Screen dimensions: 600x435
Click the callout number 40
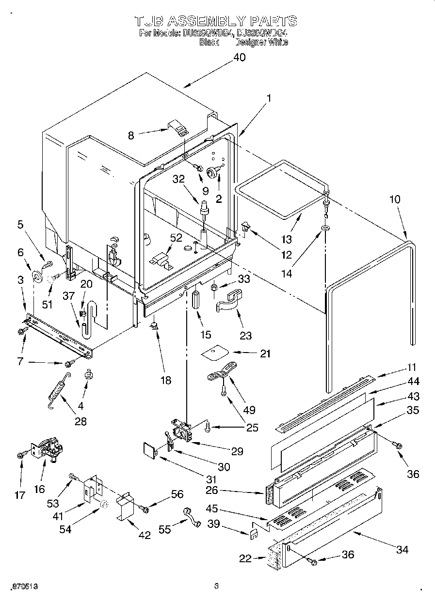[x=239, y=58]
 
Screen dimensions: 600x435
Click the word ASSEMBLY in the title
[x=200, y=21]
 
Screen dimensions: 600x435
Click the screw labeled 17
[x=21, y=454]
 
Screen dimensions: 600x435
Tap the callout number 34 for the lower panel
[x=402, y=549]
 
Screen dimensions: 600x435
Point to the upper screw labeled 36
[x=398, y=445]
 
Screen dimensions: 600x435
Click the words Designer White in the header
[x=262, y=42]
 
